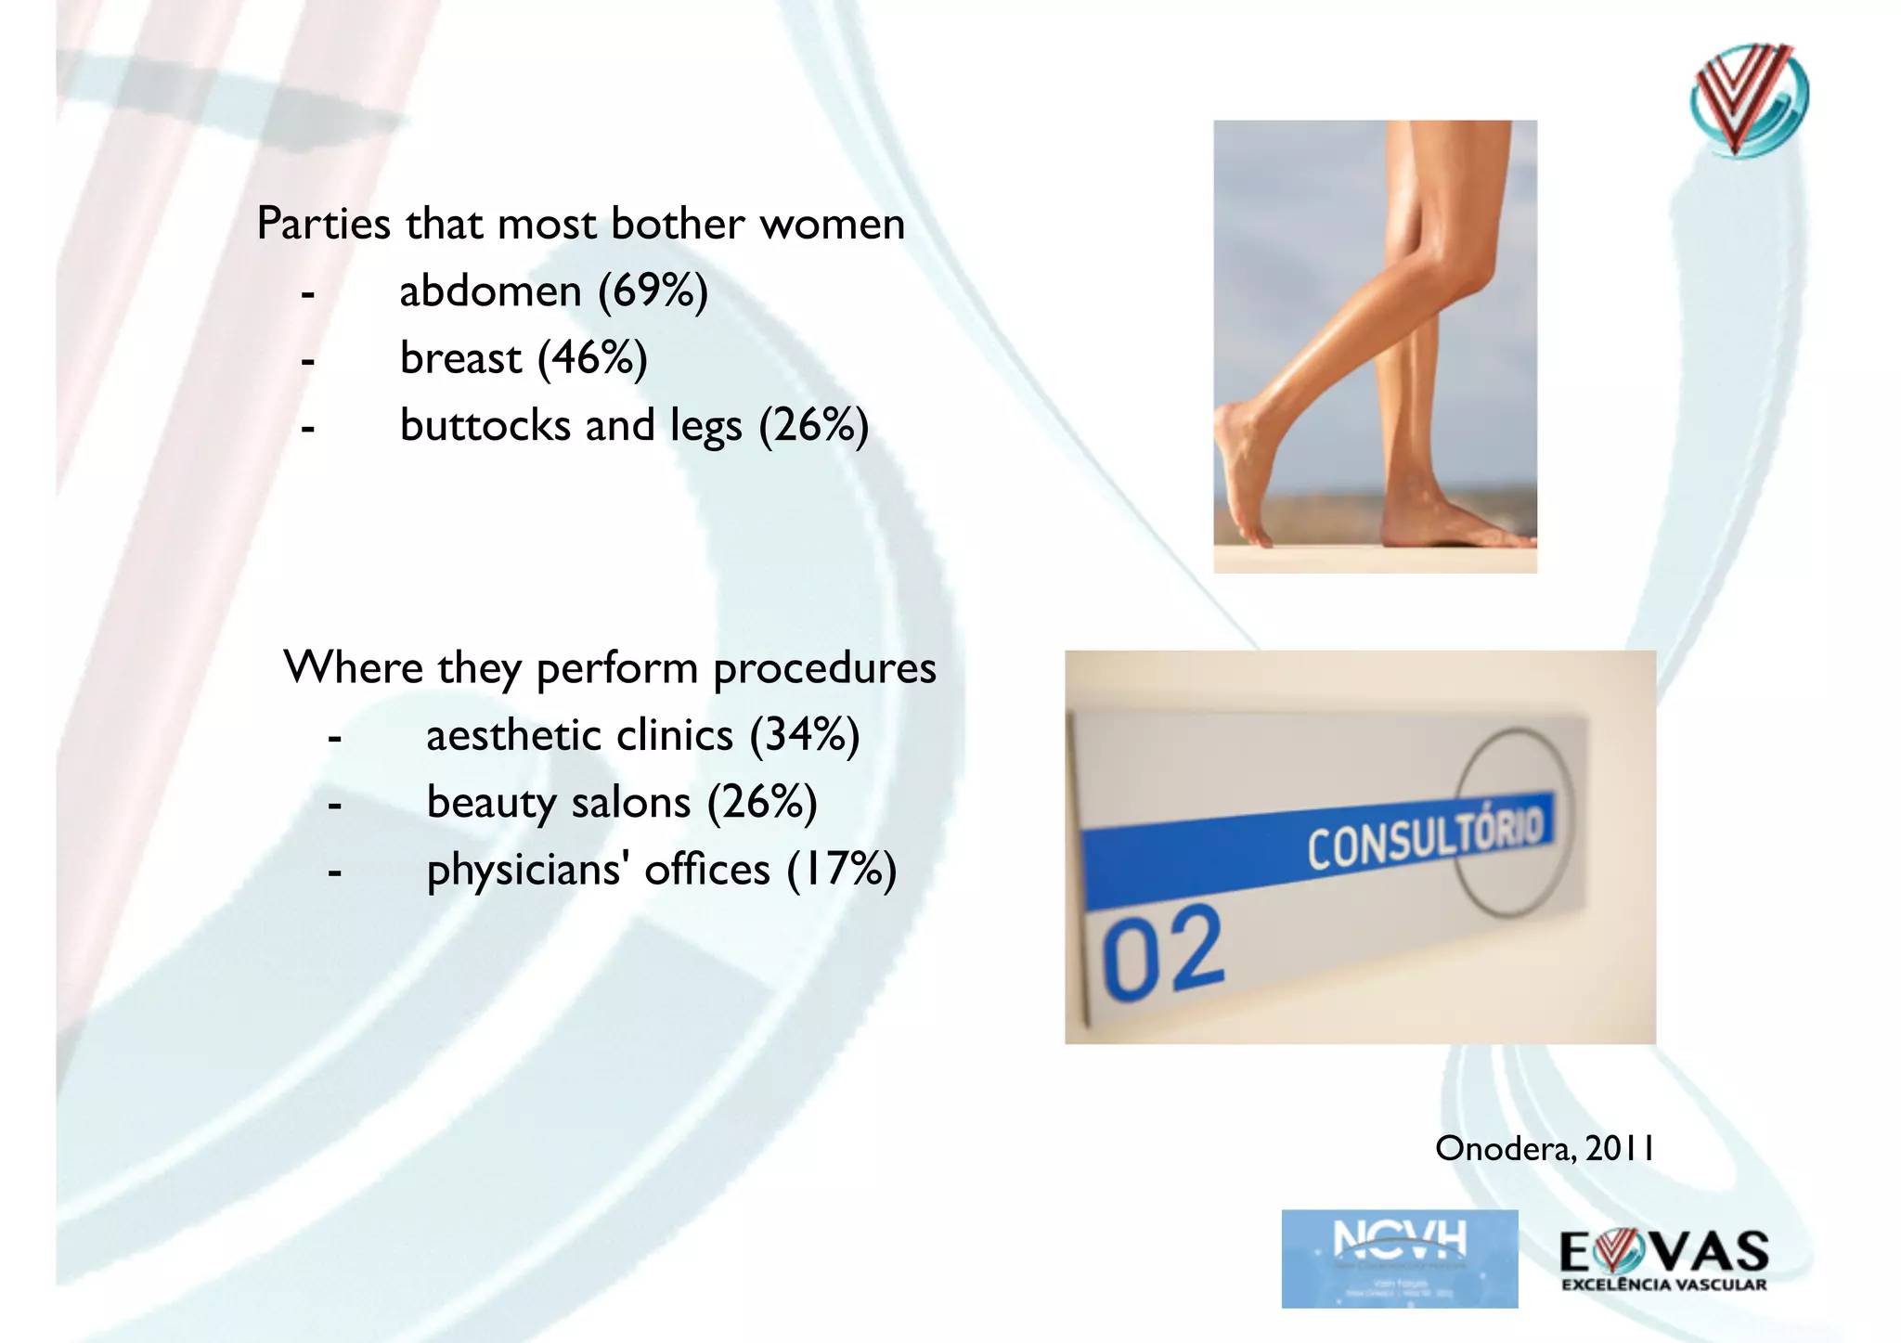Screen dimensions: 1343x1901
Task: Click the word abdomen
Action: point(490,291)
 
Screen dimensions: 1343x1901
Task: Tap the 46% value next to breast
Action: point(592,358)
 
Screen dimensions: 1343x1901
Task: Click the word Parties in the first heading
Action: point(323,225)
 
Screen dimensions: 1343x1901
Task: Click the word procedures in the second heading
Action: point(824,669)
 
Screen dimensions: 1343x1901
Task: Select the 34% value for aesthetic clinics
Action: point(804,736)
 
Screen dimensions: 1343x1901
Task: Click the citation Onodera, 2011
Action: point(1545,1149)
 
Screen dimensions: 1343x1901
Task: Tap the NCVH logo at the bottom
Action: point(1399,1259)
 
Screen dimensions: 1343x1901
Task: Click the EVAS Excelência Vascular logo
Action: point(1663,1259)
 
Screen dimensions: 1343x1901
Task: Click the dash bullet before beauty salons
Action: point(335,804)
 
